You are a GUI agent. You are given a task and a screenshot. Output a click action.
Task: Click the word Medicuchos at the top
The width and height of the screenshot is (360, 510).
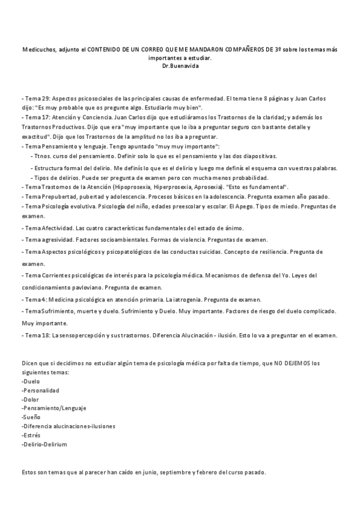[38, 51]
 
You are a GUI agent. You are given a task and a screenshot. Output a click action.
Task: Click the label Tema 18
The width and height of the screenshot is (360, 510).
[38, 335]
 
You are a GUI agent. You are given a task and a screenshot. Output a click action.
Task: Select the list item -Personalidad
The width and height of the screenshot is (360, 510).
[41, 390]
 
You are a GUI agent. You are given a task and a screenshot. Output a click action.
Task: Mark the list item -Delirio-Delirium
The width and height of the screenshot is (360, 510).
[44, 444]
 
